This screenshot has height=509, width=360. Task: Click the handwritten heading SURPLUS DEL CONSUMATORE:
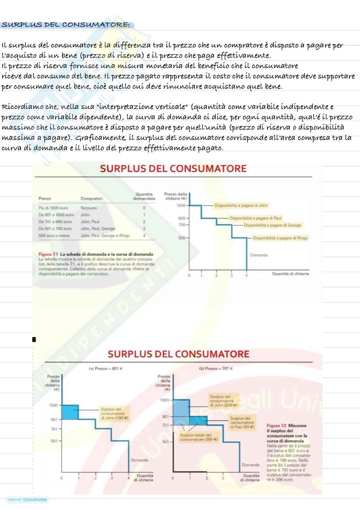66,25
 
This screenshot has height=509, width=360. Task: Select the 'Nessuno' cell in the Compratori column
89,208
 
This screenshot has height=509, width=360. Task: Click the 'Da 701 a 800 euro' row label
55,222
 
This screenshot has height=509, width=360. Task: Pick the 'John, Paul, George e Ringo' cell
105,236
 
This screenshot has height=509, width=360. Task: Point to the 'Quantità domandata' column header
144,196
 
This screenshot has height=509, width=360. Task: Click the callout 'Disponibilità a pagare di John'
241,205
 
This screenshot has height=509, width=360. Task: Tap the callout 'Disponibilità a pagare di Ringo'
280,238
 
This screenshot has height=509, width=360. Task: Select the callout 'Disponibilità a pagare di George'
272,225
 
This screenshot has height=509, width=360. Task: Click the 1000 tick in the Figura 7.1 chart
181,205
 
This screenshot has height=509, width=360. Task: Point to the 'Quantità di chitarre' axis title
290,274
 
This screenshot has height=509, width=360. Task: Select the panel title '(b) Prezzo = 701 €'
216,368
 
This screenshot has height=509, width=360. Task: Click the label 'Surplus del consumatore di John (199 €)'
115,414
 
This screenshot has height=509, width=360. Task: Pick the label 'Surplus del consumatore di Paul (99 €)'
242,422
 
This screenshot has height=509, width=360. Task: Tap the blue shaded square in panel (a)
70,412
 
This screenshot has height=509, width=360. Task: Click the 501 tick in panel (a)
54,441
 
